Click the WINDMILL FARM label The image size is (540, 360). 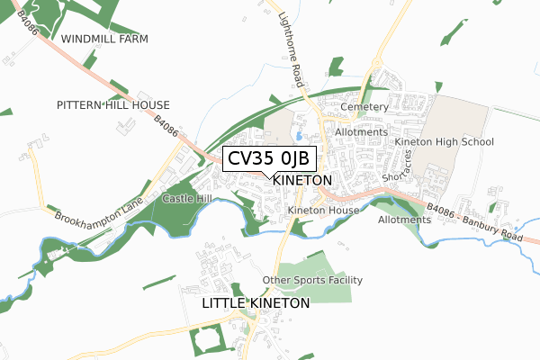[104, 40]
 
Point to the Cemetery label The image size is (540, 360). [364, 107]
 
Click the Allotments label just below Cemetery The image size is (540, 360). [360, 132]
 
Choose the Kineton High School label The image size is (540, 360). [445, 142]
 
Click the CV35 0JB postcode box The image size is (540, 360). [268, 158]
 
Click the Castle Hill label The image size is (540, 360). [186, 197]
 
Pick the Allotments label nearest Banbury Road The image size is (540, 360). [404, 220]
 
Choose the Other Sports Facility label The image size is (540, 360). [312, 281]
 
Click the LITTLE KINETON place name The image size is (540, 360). [256, 304]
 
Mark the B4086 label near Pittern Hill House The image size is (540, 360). [167, 127]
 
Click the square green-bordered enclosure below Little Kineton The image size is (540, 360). [205, 339]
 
